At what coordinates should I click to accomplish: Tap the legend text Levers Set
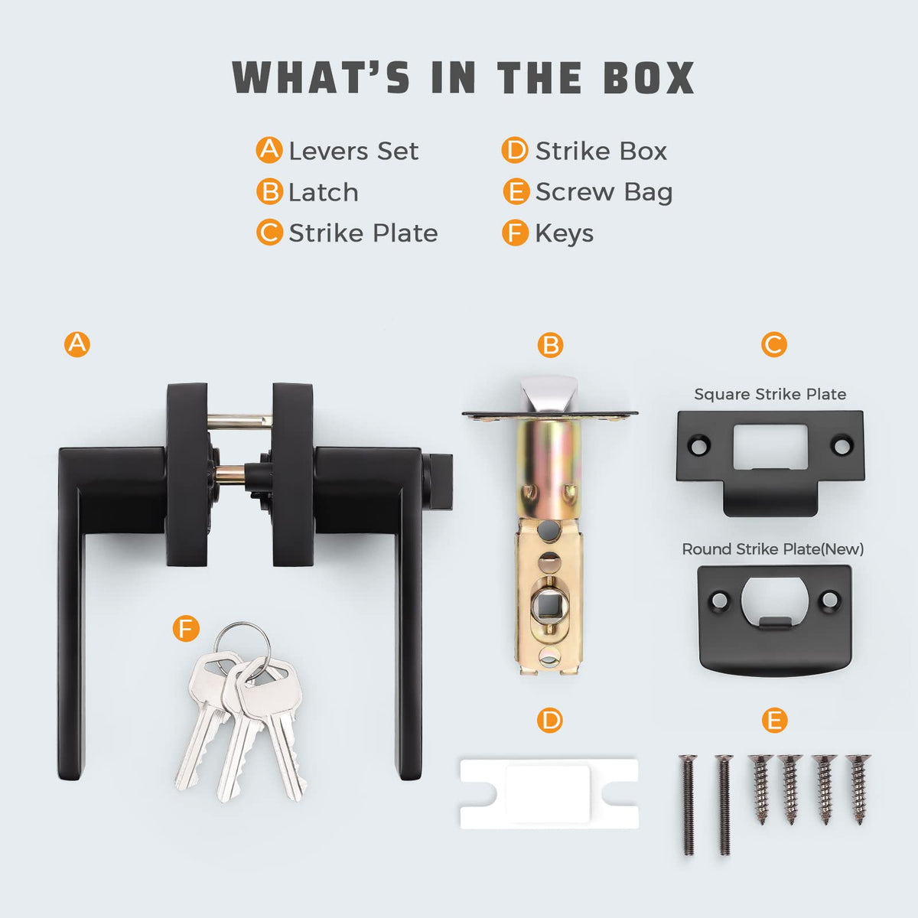coord(353,151)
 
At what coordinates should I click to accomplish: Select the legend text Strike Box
coord(601,151)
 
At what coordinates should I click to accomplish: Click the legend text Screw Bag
coord(604,193)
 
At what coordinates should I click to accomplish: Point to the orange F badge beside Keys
coord(516,233)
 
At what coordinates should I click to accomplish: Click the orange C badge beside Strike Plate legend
coord(269,233)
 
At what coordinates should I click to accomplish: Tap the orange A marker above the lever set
coord(77,344)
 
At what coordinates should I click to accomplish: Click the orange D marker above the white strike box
coord(550,720)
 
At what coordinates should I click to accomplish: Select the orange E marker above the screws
coord(774,720)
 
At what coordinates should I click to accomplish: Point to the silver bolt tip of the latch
coord(549,394)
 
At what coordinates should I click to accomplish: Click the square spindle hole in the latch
coord(549,604)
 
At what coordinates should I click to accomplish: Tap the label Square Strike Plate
coord(770,394)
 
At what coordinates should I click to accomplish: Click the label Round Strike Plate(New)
coord(773,549)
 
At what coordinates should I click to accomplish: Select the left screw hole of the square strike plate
coord(700,445)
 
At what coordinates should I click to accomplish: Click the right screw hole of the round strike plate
coord(829,599)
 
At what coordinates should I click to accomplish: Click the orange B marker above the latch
coord(550,345)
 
